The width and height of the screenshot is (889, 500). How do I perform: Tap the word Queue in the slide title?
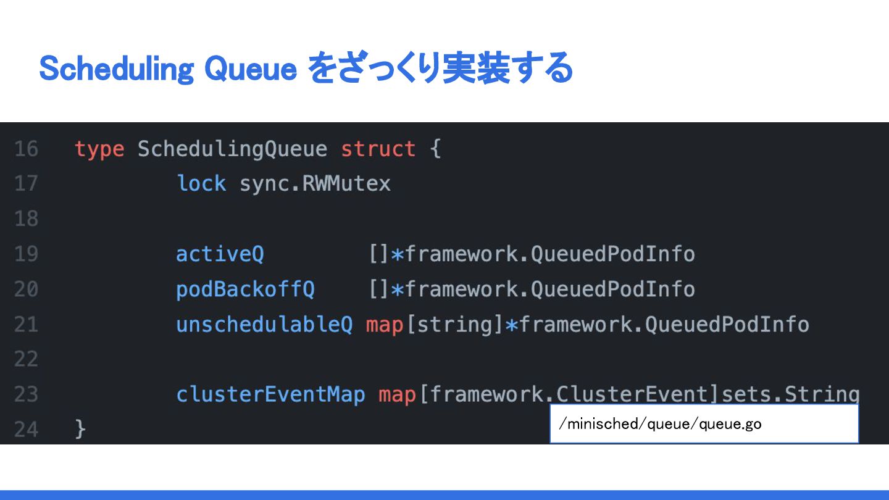coord(251,69)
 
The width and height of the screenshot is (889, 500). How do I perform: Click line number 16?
coord(26,149)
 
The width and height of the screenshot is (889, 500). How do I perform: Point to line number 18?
coord(26,219)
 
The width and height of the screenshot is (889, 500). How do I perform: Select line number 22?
coord(26,359)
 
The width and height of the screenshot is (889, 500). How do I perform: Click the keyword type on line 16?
coord(99,149)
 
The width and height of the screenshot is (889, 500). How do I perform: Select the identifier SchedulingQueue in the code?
coord(232,149)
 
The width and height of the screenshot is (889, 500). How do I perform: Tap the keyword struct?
coord(378,149)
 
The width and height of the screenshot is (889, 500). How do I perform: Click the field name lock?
coord(201,184)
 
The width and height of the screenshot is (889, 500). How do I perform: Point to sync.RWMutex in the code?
coord(315,184)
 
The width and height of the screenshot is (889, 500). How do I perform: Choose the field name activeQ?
coord(220,254)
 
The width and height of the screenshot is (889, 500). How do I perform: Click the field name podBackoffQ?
coord(245,290)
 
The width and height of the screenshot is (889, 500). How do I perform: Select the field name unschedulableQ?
coord(264,325)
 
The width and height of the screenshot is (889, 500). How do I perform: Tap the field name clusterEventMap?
coord(270,394)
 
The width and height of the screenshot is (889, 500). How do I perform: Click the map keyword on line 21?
coord(385,325)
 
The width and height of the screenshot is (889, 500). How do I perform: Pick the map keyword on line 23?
coord(397,394)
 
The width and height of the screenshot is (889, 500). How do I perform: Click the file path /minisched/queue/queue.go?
coord(659,424)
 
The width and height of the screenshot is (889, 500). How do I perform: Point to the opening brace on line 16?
coord(435,149)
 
